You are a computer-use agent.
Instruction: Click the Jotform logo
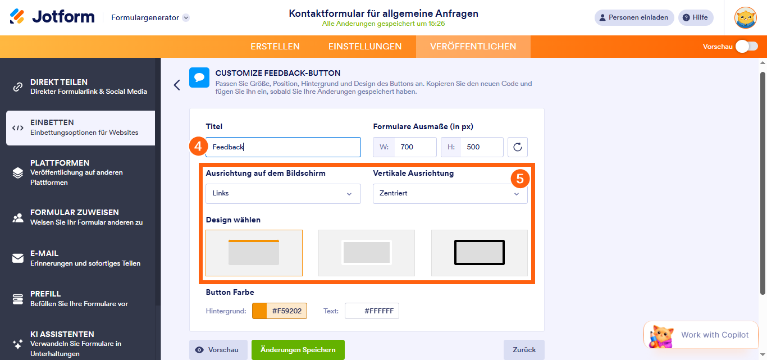click(52, 17)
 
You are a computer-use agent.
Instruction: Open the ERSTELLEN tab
click(275, 47)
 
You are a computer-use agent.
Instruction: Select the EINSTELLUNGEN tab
click(365, 47)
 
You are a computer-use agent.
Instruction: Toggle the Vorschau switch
click(746, 47)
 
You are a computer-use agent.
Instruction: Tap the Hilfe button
click(695, 17)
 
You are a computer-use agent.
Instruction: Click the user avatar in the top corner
click(746, 17)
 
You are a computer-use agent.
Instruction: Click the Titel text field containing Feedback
click(283, 147)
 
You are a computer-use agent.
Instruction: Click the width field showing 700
click(414, 147)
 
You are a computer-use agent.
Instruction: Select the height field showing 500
click(481, 147)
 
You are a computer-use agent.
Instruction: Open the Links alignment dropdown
click(283, 194)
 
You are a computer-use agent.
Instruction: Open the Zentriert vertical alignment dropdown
click(450, 194)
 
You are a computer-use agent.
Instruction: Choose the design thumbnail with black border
click(479, 253)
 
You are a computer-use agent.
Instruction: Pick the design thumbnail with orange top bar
click(254, 253)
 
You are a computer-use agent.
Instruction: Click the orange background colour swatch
click(259, 311)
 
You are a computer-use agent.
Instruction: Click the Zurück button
click(523, 349)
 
